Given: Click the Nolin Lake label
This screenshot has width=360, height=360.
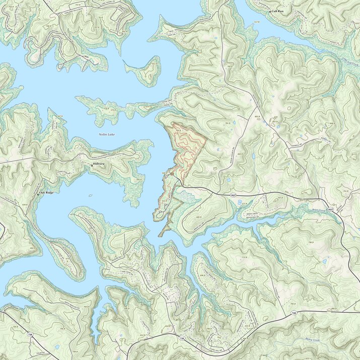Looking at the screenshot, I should coord(107,134).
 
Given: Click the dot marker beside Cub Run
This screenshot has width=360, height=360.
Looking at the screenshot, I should coord(269,11).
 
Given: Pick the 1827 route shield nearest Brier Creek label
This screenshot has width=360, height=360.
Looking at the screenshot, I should coord(330,208).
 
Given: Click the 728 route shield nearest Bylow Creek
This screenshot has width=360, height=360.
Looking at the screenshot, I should coord(293,314).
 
